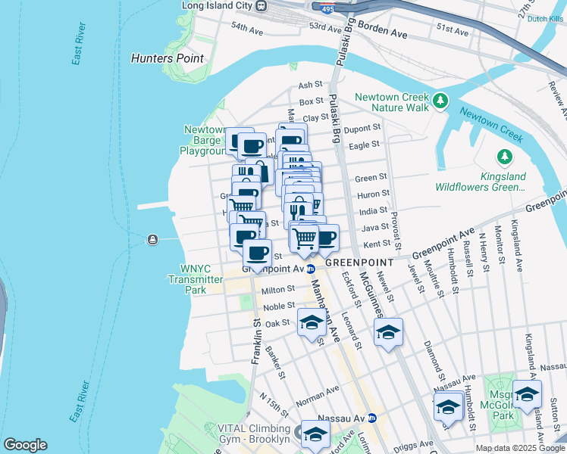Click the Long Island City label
tap(216, 6)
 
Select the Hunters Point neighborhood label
tap(167, 58)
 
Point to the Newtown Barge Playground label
tap(204, 140)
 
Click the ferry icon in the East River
tap(153, 241)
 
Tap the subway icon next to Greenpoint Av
tap(311, 269)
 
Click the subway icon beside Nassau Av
tap(371, 418)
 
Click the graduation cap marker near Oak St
tap(311, 323)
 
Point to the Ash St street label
tap(311, 86)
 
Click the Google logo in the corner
tap(24, 445)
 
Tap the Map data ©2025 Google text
tap(520, 448)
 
